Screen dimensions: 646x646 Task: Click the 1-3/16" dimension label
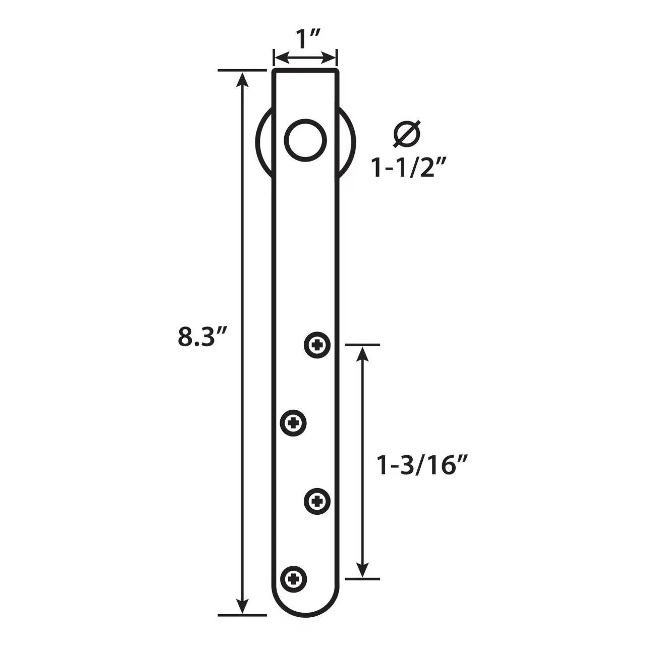coord(420,465)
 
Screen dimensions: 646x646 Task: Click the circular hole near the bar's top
coord(306,140)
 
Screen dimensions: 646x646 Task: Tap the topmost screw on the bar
coord(317,345)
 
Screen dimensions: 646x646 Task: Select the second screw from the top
coord(294,422)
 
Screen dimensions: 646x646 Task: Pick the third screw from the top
coord(317,501)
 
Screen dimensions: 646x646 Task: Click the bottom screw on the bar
coord(294,578)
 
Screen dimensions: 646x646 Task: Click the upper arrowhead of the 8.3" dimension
coord(243,79)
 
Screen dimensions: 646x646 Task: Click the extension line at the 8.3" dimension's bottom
coord(242,615)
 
